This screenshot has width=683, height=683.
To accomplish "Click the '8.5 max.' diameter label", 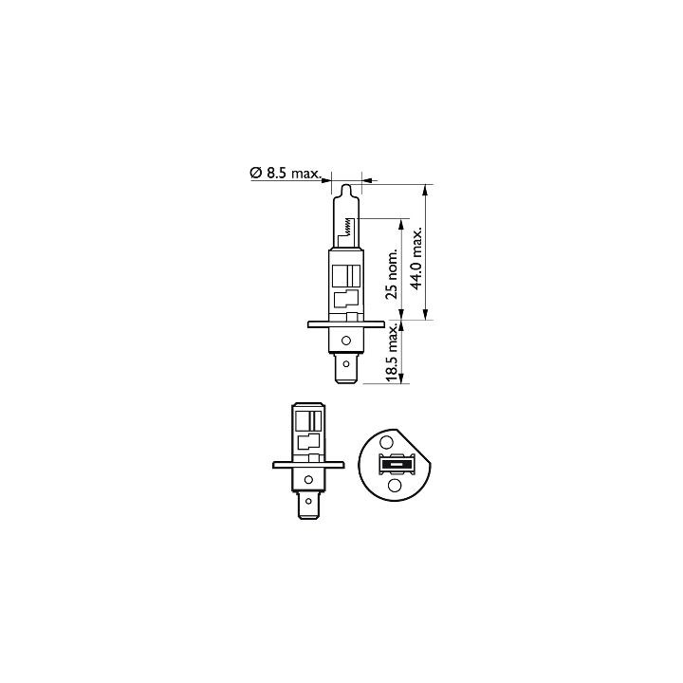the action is pos(293,174).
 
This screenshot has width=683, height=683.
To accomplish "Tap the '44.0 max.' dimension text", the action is pos(417,257).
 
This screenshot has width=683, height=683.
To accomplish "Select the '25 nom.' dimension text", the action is pos(392,274).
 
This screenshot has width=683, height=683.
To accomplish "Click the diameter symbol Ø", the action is pos(256,173).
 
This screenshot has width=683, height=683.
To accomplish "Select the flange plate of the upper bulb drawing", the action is pos(346,324).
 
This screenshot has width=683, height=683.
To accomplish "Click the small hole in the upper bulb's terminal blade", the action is pos(346,363).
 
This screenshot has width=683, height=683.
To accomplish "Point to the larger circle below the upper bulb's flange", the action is pos(346,341).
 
